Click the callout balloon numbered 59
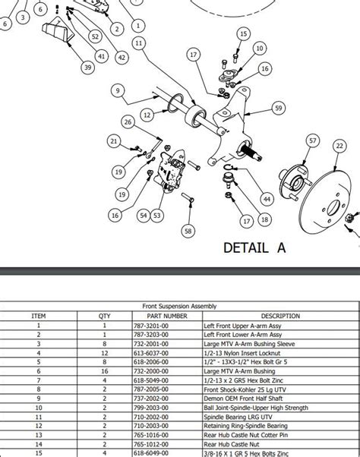click(x=278, y=109)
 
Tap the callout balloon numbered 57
click(x=312, y=140)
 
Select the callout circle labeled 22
click(x=337, y=146)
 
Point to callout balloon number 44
click(x=267, y=199)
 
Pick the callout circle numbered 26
click(x=128, y=121)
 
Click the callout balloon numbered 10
click(x=260, y=49)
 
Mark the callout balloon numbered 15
click(x=243, y=34)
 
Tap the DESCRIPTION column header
click(x=280, y=316)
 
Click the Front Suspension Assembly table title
click(x=180, y=306)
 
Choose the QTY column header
click(x=104, y=316)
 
